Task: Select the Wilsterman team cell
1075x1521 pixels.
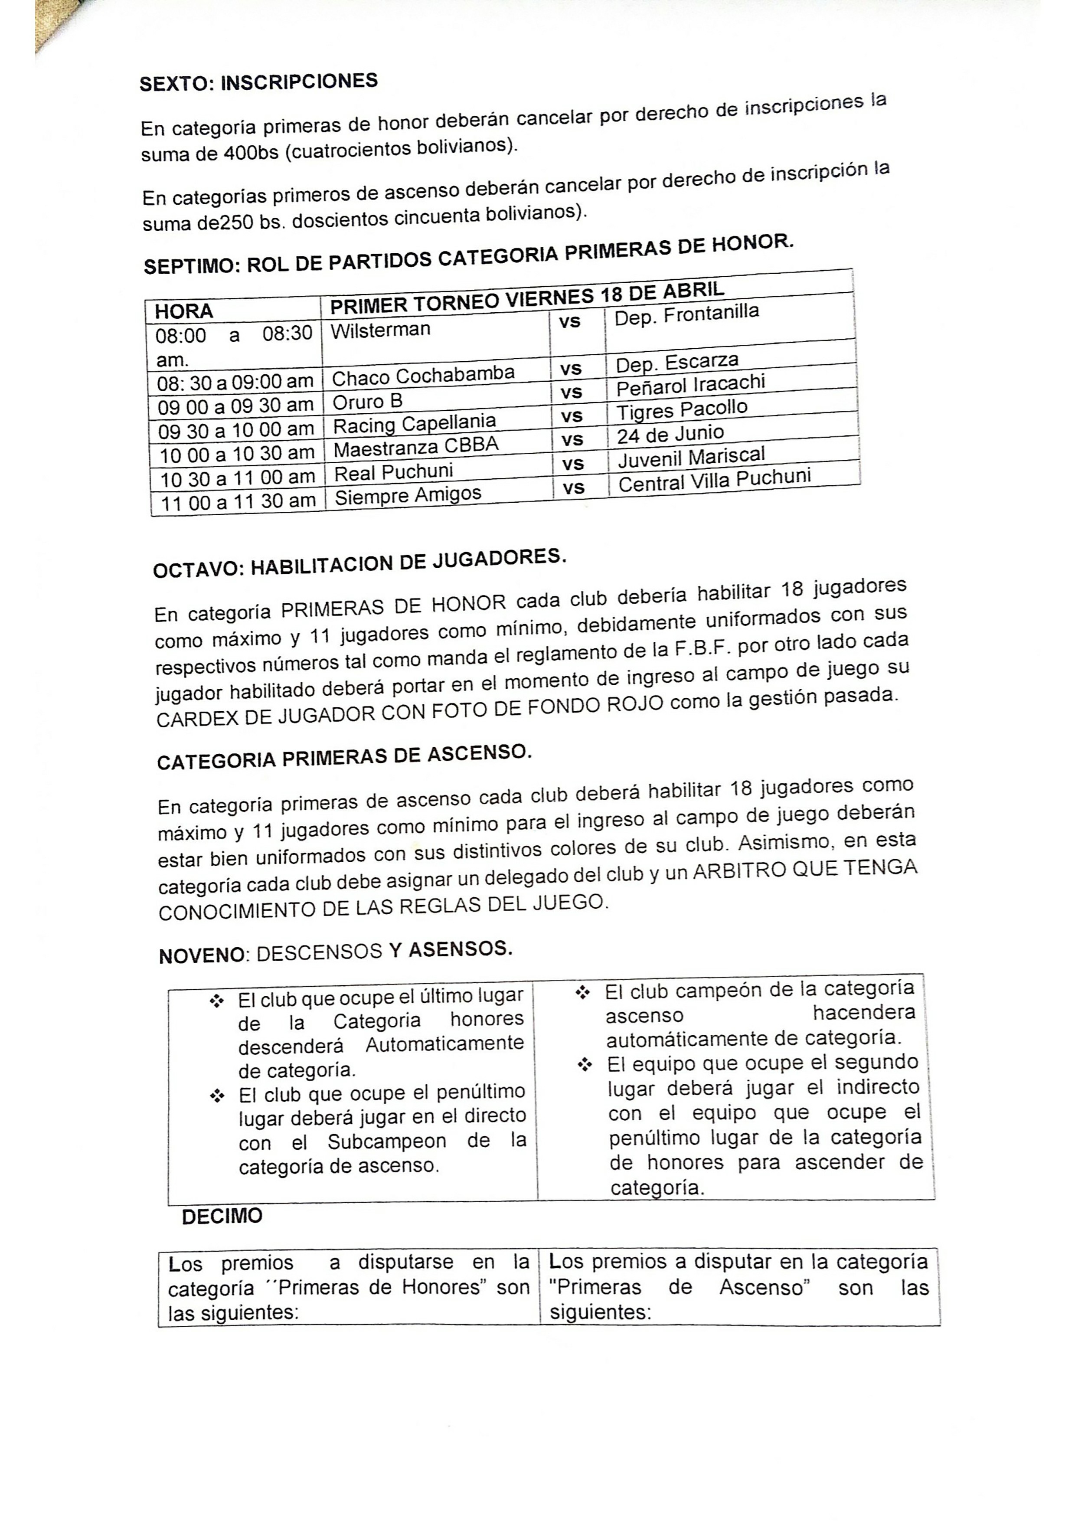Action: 380,330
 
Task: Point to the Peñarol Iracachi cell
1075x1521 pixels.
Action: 690,385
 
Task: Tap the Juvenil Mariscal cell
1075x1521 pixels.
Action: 691,457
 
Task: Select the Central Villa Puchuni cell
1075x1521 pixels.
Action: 714,480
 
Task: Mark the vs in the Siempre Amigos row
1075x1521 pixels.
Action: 574,488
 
